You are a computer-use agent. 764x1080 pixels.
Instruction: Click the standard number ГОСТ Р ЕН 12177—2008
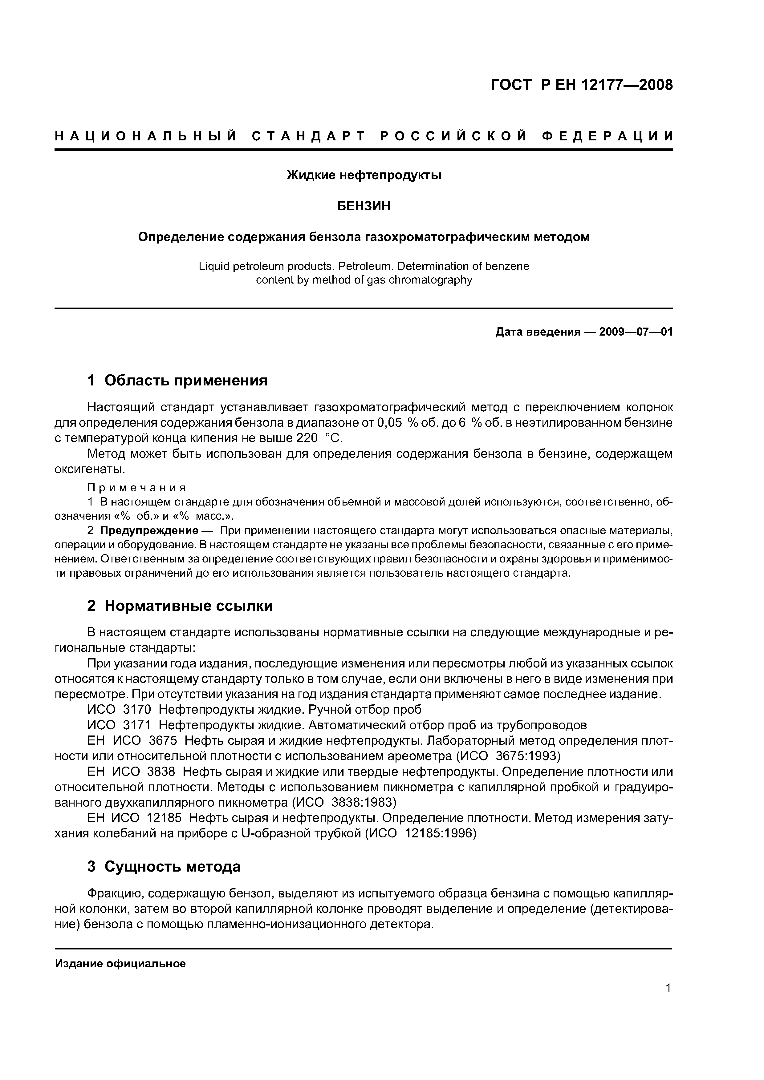[x=582, y=85]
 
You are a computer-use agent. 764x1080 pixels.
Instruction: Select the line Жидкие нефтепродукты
[x=364, y=175]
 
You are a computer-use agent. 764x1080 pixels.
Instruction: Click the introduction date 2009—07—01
[x=636, y=332]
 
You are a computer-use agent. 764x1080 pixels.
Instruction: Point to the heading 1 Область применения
[x=177, y=380]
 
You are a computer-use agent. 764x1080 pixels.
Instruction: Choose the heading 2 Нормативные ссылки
[x=180, y=606]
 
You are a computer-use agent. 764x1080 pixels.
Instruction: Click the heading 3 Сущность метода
[x=164, y=866]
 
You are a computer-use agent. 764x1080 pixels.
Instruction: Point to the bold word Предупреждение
[x=149, y=530]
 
